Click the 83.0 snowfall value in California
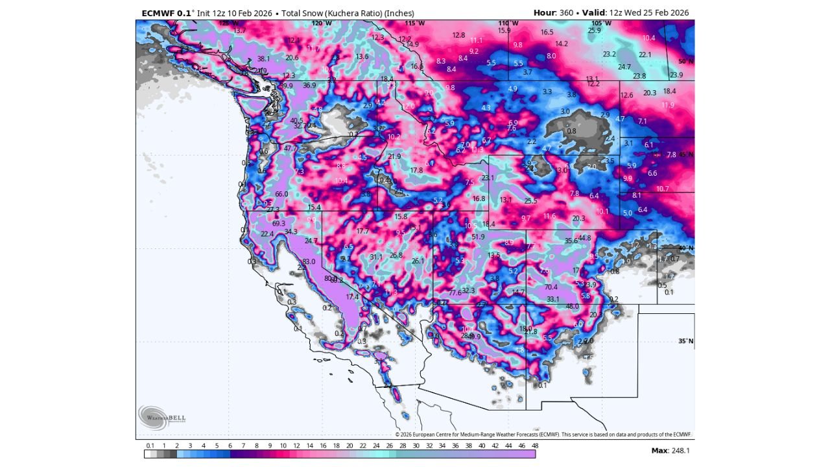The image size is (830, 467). (x=309, y=262)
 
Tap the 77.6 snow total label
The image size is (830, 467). (x=455, y=293)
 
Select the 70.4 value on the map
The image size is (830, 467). (x=551, y=287)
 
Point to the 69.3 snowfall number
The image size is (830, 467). (x=279, y=224)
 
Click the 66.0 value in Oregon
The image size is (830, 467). (x=281, y=195)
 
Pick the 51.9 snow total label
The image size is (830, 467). (x=478, y=237)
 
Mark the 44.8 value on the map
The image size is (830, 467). (x=584, y=239)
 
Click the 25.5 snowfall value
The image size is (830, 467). (x=530, y=201)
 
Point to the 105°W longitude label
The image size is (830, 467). (x=601, y=23)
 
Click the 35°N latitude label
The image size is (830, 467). (x=685, y=341)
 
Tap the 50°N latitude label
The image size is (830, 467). (x=685, y=62)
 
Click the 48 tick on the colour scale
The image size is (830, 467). (x=535, y=446)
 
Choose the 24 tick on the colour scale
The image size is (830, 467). (x=376, y=446)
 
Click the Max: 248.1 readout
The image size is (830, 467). (x=670, y=450)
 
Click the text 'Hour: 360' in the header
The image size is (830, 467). (x=553, y=12)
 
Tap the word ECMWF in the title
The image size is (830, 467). (x=156, y=13)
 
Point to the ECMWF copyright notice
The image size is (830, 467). (x=543, y=435)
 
